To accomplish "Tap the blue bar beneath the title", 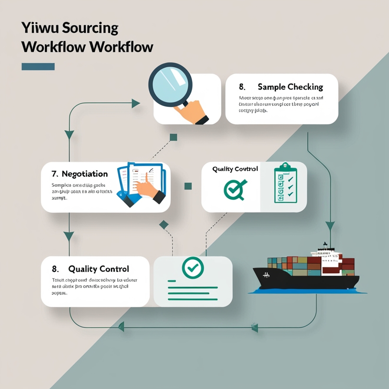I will [38, 67].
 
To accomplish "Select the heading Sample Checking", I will [290, 87].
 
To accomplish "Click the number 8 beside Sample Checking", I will [242, 87].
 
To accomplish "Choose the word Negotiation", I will [85, 174].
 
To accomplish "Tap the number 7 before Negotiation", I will [54, 174].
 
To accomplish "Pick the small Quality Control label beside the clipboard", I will [235, 169].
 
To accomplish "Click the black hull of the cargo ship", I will [304, 280].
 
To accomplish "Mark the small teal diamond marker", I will [164, 225].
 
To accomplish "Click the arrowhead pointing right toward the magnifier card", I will [136, 103].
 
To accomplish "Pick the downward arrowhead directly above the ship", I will [330, 226].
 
